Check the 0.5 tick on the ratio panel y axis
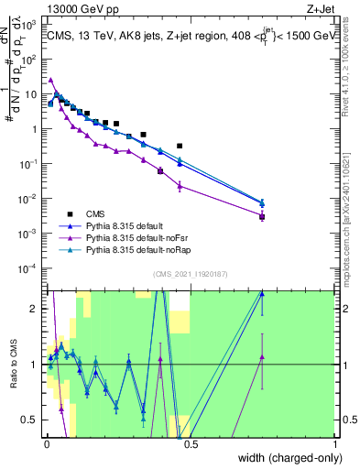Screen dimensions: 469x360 point(35,420)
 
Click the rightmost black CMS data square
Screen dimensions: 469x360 point(262,217)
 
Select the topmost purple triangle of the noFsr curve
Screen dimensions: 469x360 point(51,80)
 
